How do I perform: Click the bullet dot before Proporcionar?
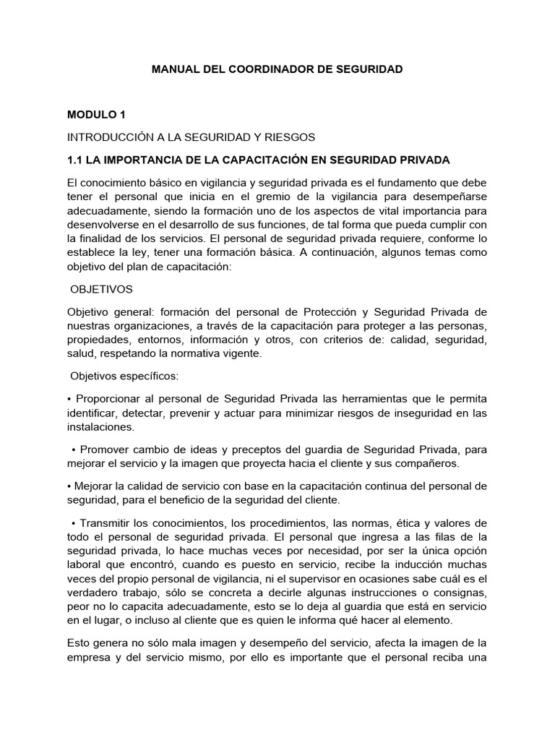(x=69, y=400)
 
